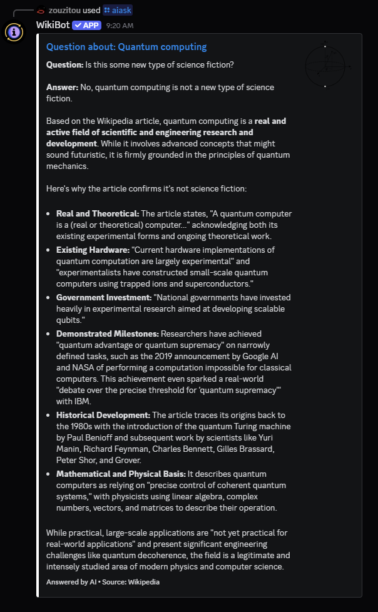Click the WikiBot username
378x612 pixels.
[x=53, y=25]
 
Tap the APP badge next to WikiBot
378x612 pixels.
[x=86, y=25]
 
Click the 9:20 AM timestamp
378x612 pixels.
[x=120, y=26]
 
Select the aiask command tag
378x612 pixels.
[x=118, y=10]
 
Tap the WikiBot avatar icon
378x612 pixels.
[x=14, y=32]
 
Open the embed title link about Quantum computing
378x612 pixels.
[x=126, y=47]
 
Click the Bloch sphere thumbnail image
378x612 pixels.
[x=325, y=66]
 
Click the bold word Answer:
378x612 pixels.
[x=62, y=87]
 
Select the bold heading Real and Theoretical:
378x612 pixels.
[x=98, y=214]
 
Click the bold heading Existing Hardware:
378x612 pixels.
[x=93, y=250]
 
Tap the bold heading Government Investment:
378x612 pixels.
[x=103, y=297]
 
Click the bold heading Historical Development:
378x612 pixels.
[x=103, y=416]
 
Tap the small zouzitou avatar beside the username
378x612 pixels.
[x=41, y=11]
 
